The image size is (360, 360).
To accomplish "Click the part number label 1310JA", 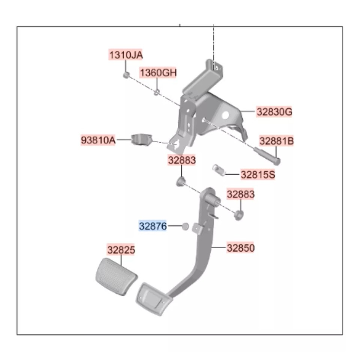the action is (x=126, y=55).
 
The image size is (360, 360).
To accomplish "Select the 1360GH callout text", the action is (x=158, y=73).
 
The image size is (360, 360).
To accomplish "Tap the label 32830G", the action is (x=274, y=112).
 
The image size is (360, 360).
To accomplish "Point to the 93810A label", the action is (x=98, y=140).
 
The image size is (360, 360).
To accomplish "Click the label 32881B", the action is (x=276, y=141).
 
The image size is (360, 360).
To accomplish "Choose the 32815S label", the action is (x=258, y=174).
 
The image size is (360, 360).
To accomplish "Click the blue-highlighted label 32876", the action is (x=153, y=226).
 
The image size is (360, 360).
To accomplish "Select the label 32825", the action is (x=121, y=250).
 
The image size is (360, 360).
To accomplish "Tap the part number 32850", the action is (x=241, y=248).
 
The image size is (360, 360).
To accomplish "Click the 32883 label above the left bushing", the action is (x=181, y=160).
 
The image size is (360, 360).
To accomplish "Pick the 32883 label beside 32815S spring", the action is (x=241, y=194).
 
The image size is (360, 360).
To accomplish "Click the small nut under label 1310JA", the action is (x=126, y=75).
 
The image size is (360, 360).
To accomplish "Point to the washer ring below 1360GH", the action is (x=156, y=93).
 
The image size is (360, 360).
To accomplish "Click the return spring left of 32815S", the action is (x=218, y=170).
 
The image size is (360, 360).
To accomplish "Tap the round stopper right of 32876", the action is (x=185, y=226).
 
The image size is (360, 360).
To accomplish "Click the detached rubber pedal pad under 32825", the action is (x=116, y=276).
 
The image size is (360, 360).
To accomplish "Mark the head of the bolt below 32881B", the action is (x=277, y=161).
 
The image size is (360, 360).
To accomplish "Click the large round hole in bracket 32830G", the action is (x=225, y=115).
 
